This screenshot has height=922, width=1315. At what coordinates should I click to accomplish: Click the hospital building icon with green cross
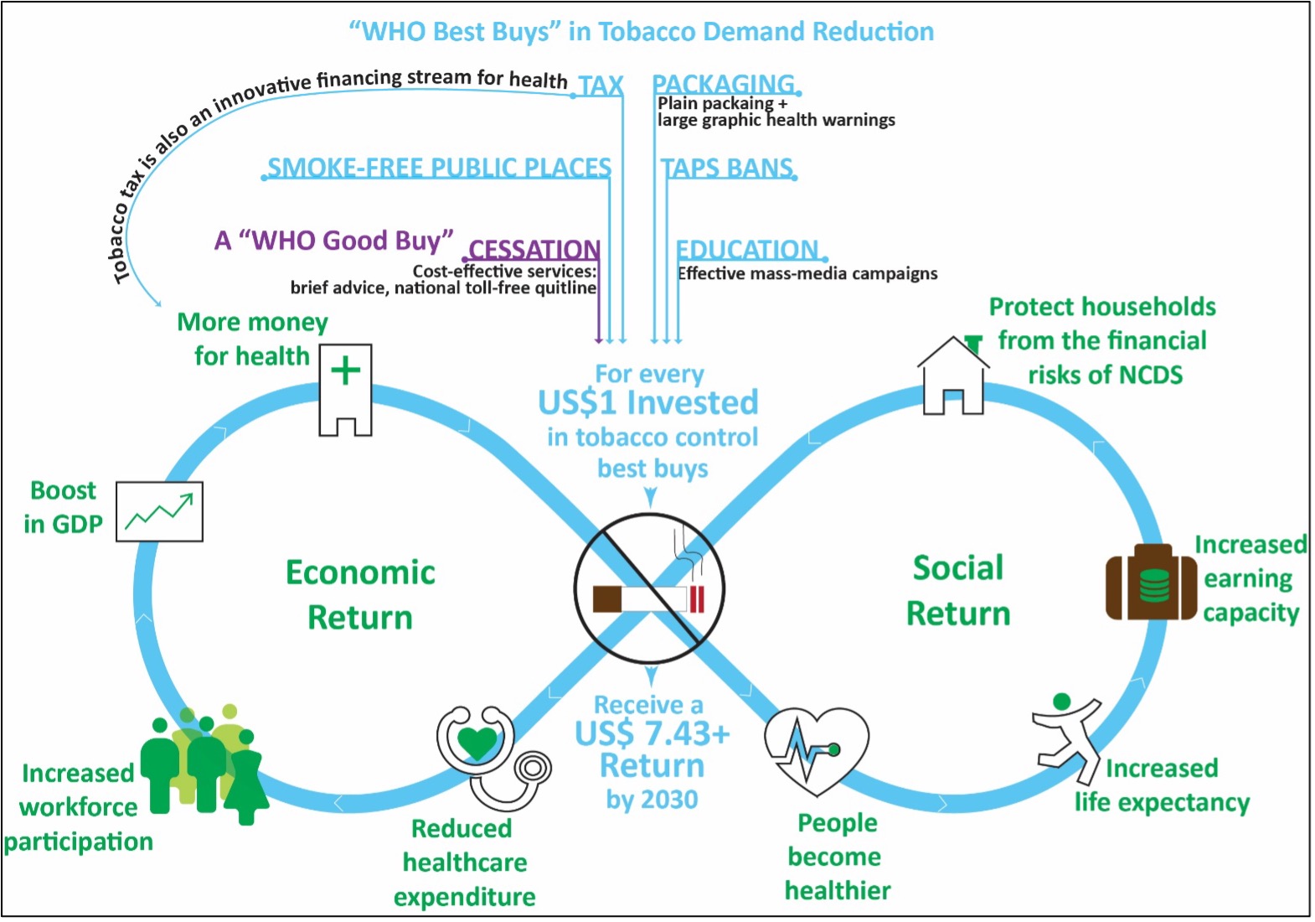point(345,390)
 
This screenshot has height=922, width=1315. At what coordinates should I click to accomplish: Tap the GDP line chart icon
point(159,510)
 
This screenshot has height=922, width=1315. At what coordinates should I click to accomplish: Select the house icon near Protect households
point(953,376)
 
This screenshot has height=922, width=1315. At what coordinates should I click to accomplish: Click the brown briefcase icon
point(1151,583)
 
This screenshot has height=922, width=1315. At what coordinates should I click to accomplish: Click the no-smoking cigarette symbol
point(649,589)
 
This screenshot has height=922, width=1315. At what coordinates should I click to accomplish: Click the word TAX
point(601,85)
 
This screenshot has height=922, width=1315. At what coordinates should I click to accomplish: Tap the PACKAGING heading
point(724,84)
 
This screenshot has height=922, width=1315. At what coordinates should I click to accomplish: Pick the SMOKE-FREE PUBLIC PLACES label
point(439,168)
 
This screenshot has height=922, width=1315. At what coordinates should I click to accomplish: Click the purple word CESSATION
point(534,249)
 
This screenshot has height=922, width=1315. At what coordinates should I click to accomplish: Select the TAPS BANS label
point(727,168)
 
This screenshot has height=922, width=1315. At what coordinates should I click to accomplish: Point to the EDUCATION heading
point(747,249)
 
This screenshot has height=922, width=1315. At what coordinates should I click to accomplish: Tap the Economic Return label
point(360,594)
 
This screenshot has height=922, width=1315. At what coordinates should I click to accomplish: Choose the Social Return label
point(958,590)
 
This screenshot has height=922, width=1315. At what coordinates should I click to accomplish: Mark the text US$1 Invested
point(648,402)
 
